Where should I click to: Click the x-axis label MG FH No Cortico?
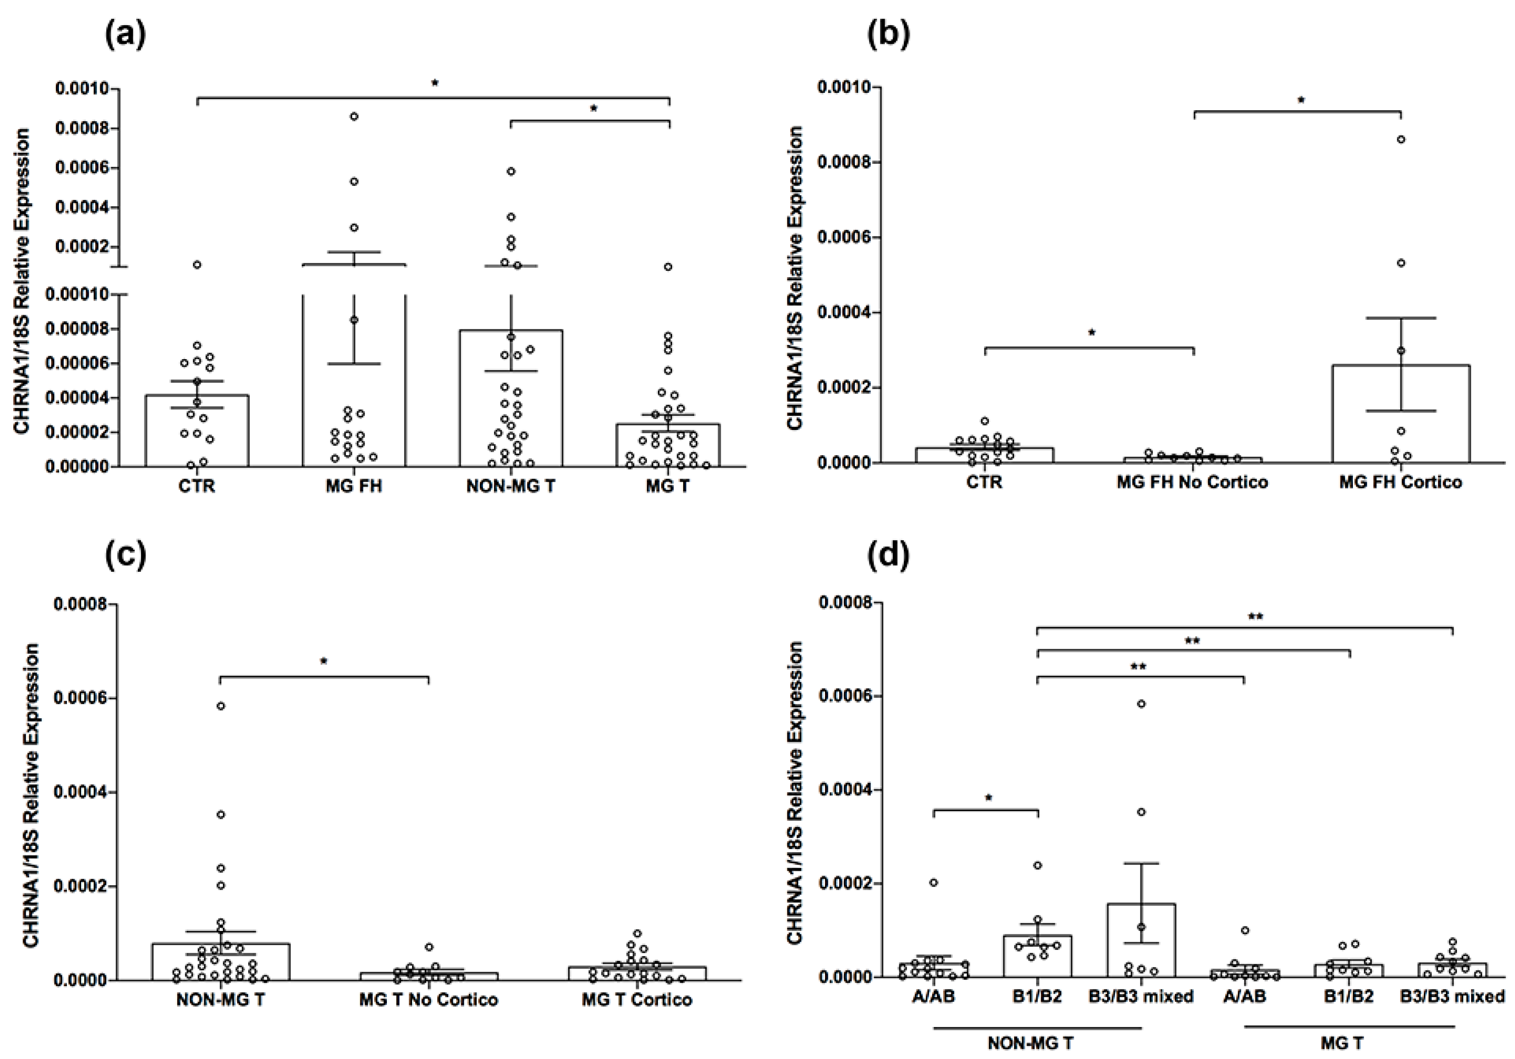[x=1192, y=483]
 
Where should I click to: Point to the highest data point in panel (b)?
[x=1400, y=139]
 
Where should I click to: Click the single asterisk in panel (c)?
[x=323, y=661]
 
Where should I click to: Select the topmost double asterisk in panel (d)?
[x=1255, y=617]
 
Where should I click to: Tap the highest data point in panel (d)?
[x=1141, y=704]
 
